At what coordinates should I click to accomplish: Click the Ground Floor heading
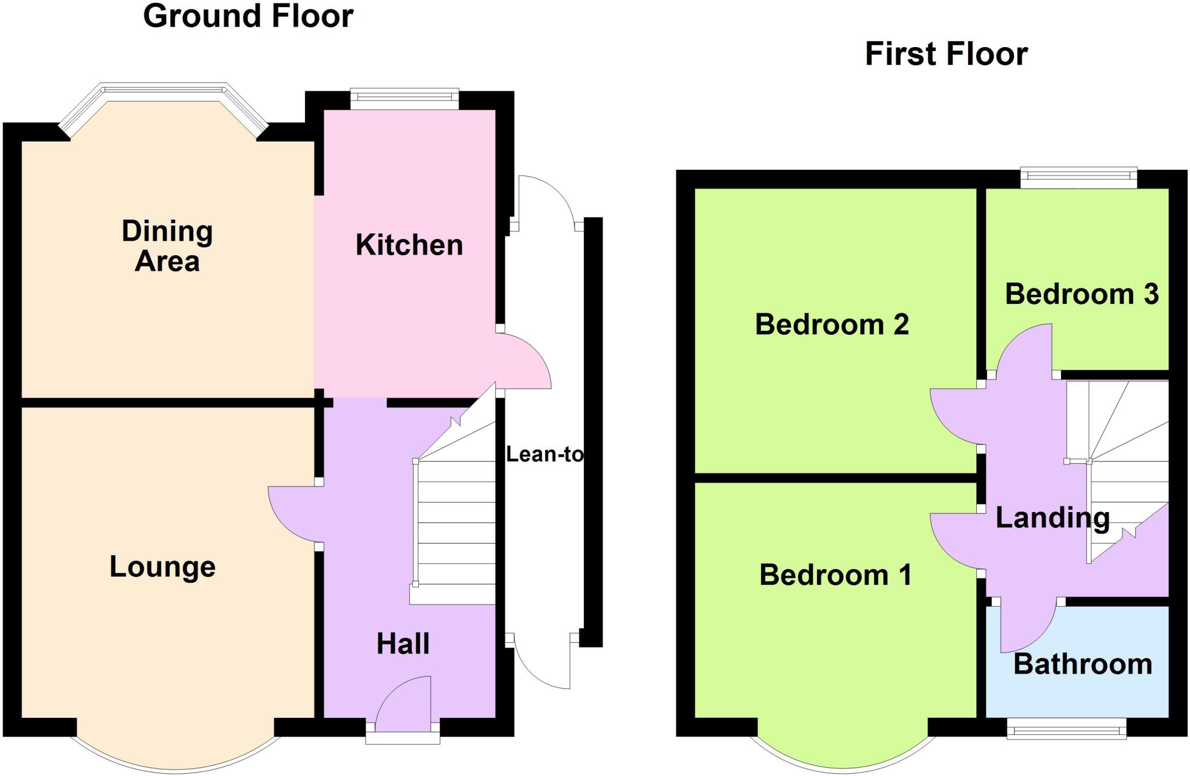pyautogui.click(x=248, y=16)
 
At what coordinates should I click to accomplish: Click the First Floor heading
pyautogui.click(x=946, y=54)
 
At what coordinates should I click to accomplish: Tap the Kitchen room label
pyautogui.click(x=409, y=245)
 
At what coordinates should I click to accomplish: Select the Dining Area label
pyautogui.click(x=167, y=246)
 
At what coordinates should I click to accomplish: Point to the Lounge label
pyautogui.click(x=163, y=567)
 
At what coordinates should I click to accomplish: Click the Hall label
pyautogui.click(x=403, y=644)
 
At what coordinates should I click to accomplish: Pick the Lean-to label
pyautogui.click(x=544, y=454)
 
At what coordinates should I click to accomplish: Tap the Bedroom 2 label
pyautogui.click(x=831, y=324)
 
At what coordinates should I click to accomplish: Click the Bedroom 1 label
pyautogui.click(x=835, y=575)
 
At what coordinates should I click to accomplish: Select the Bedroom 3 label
pyautogui.click(x=1082, y=294)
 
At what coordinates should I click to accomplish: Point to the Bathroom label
pyautogui.click(x=1083, y=664)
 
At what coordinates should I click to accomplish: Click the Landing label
pyautogui.click(x=1052, y=517)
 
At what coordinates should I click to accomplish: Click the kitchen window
pyautogui.click(x=404, y=99)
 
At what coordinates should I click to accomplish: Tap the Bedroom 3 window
pyautogui.click(x=1079, y=178)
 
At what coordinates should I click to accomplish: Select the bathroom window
pyautogui.click(x=1066, y=728)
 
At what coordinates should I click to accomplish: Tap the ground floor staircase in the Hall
pyautogui.click(x=454, y=523)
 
